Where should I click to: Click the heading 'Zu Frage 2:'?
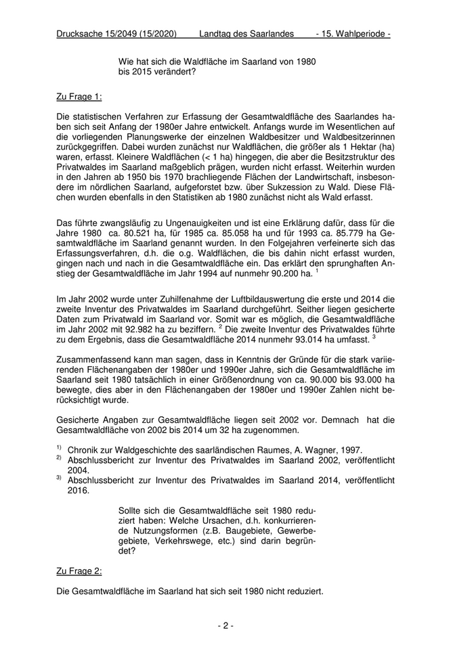79,571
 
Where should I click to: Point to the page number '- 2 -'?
225,626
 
